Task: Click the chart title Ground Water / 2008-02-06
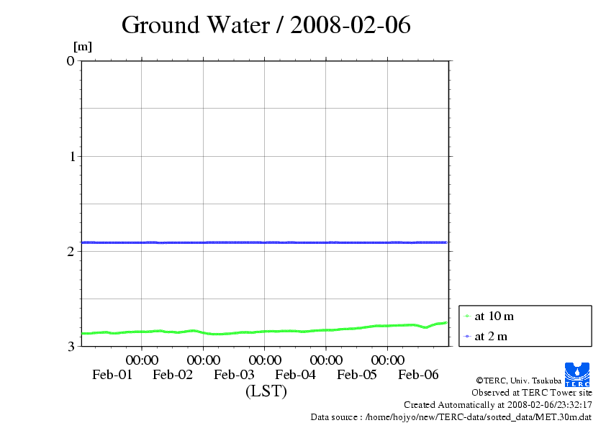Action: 266,25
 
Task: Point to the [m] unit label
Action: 83,47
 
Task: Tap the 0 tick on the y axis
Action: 71,61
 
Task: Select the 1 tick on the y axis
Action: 71,156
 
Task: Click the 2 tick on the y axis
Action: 71,251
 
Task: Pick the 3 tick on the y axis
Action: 71,346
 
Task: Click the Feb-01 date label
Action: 112,374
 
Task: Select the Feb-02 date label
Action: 173,374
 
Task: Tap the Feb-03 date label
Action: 235,374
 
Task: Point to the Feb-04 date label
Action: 296,374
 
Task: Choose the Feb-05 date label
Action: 357,374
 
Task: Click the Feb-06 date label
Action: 418,374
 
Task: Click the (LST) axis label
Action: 266,391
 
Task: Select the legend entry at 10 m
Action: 493,316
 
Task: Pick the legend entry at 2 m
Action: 490,336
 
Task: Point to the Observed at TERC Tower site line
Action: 532,392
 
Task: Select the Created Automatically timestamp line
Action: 497,404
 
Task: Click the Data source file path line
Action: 451,416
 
